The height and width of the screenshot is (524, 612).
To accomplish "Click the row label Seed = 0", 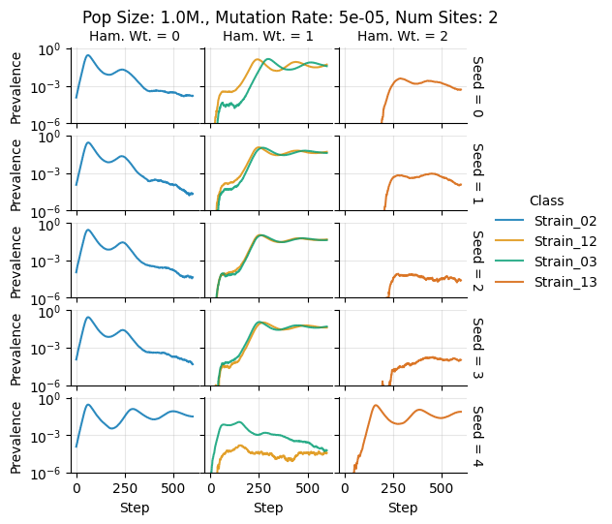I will pyautogui.click(x=477, y=86).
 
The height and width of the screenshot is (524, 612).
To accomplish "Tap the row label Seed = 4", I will pyautogui.click(x=477, y=435).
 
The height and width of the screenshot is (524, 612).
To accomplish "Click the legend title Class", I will pyautogui.click(x=547, y=200).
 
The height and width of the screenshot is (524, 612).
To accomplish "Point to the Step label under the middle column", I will pyautogui.click(x=268, y=508).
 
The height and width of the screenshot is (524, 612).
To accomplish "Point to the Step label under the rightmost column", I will pyautogui.click(x=403, y=508).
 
